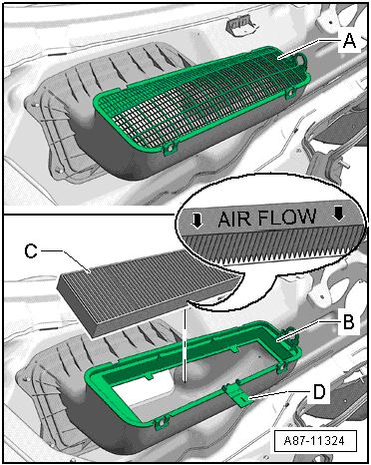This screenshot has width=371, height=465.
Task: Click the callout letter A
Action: click(349, 42)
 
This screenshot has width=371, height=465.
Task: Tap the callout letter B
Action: click(348, 321)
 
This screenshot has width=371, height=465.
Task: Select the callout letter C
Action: click(31, 251)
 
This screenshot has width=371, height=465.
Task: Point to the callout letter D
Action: click(319, 392)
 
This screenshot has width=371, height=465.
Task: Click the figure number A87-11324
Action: click(314, 441)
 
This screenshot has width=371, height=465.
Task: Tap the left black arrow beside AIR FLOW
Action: click(197, 221)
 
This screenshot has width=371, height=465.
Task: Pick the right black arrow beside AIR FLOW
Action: click(339, 214)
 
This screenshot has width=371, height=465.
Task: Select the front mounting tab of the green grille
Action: click(170, 149)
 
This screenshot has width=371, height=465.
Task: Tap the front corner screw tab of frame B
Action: click(161, 423)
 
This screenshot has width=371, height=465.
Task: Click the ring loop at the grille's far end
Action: click(301, 60)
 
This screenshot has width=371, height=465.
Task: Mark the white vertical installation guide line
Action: click(185, 342)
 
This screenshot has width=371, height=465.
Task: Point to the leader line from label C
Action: click(66, 260)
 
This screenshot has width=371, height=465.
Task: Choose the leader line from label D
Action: click(280, 394)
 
